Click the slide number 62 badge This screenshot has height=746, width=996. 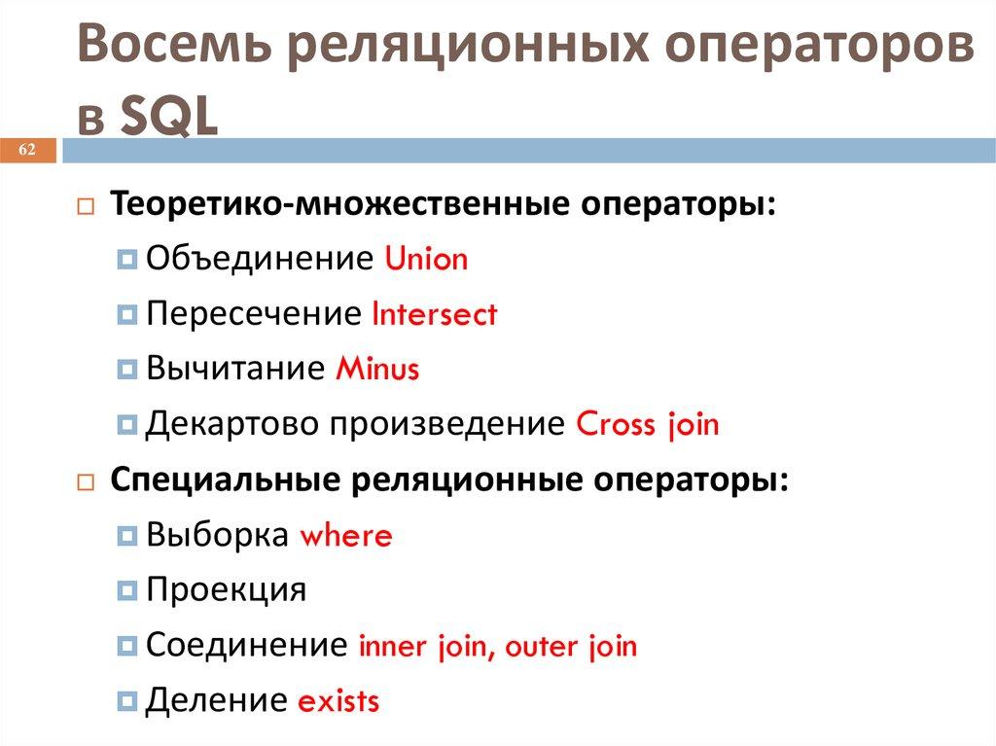(x=27, y=150)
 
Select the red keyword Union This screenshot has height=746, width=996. (x=426, y=260)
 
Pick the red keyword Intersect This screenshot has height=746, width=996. (x=435, y=314)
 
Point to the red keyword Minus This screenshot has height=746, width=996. (x=377, y=370)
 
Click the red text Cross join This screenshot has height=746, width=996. (x=648, y=425)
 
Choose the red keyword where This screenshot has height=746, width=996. (x=346, y=536)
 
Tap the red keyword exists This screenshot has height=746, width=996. (x=338, y=701)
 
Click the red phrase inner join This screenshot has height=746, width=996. (x=424, y=647)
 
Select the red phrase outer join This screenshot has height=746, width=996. (x=572, y=647)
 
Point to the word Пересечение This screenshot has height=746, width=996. (x=254, y=314)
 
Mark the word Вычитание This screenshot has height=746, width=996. (x=234, y=370)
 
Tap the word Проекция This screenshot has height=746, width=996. (x=226, y=590)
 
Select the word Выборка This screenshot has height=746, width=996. (x=218, y=536)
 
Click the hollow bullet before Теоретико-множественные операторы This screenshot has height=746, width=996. (x=86, y=207)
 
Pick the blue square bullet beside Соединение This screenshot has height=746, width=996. (x=127, y=646)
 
